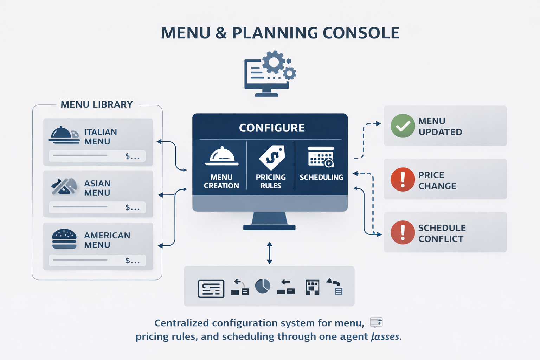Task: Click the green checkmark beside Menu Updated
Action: point(403,126)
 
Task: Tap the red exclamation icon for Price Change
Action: point(403,179)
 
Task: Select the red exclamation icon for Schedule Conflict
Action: point(403,232)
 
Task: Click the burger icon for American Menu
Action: point(64,239)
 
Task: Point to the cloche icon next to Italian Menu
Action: point(63,135)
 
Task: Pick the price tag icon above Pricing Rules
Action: point(272,157)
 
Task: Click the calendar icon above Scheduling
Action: point(321,157)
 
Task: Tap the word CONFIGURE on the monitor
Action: point(272,128)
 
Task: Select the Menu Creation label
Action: point(221,181)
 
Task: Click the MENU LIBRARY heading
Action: point(97,104)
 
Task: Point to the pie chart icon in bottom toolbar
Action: point(262,287)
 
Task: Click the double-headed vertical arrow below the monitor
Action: point(269,253)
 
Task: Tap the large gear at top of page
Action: point(274,62)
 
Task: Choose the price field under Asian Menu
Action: point(97,207)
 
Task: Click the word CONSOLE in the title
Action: point(361,33)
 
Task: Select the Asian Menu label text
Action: point(97,188)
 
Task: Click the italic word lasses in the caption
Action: point(385,336)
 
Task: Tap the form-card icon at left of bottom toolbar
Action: point(211,289)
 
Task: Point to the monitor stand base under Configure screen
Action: point(269,228)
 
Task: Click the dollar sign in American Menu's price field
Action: point(128,261)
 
